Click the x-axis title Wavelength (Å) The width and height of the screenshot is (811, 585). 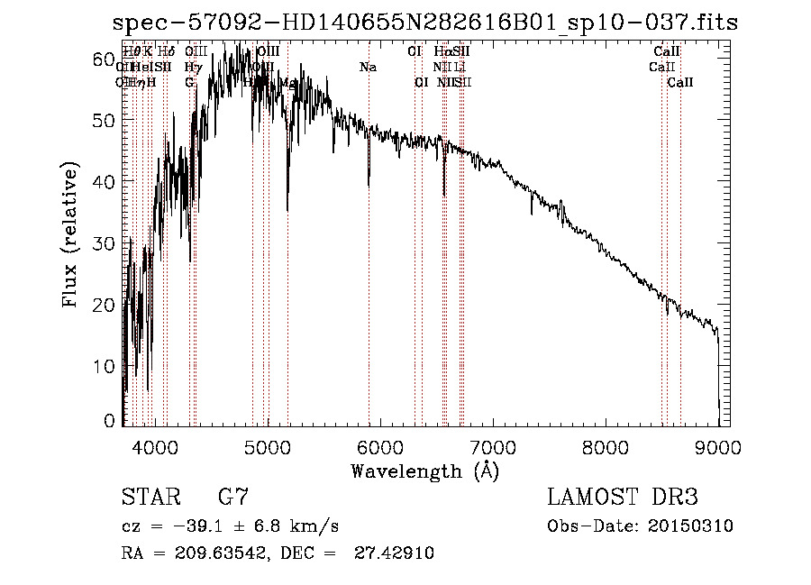(x=424, y=471)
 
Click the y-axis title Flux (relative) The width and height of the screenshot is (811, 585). (x=72, y=236)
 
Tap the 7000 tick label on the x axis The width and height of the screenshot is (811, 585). (x=493, y=446)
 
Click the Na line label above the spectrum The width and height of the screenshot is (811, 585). (x=368, y=68)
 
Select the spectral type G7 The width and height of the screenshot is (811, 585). (x=232, y=498)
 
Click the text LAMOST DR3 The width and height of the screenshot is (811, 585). (x=622, y=498)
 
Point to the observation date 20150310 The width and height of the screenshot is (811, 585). (x=692, y=526)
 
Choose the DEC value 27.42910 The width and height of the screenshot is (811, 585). (x=389, y=553)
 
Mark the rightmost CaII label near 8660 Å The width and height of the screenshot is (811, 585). (x=680, y=83)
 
